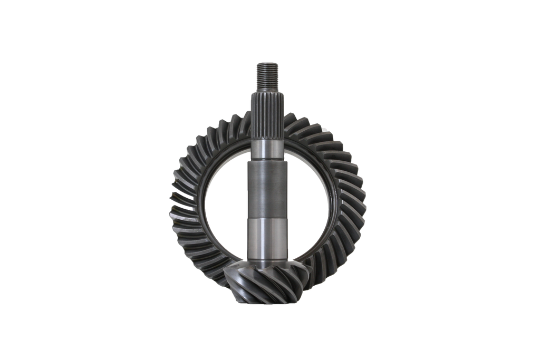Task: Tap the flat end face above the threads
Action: [x=267, y=62]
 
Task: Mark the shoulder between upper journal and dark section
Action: [x=267, y=161]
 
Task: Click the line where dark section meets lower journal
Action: [x=267, y=217]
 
